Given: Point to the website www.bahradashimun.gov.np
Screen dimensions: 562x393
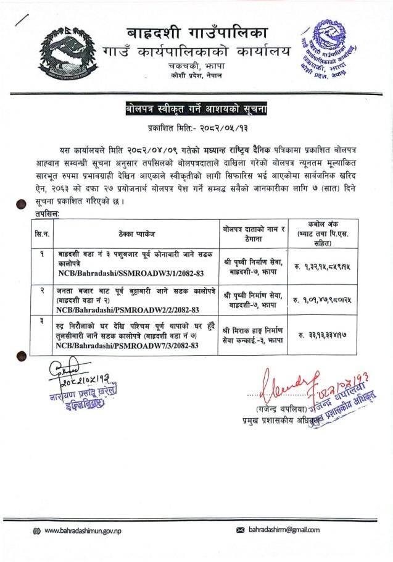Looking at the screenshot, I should (x=86, y=530).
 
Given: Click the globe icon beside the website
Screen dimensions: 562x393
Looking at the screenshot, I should (x=38, y=530).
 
